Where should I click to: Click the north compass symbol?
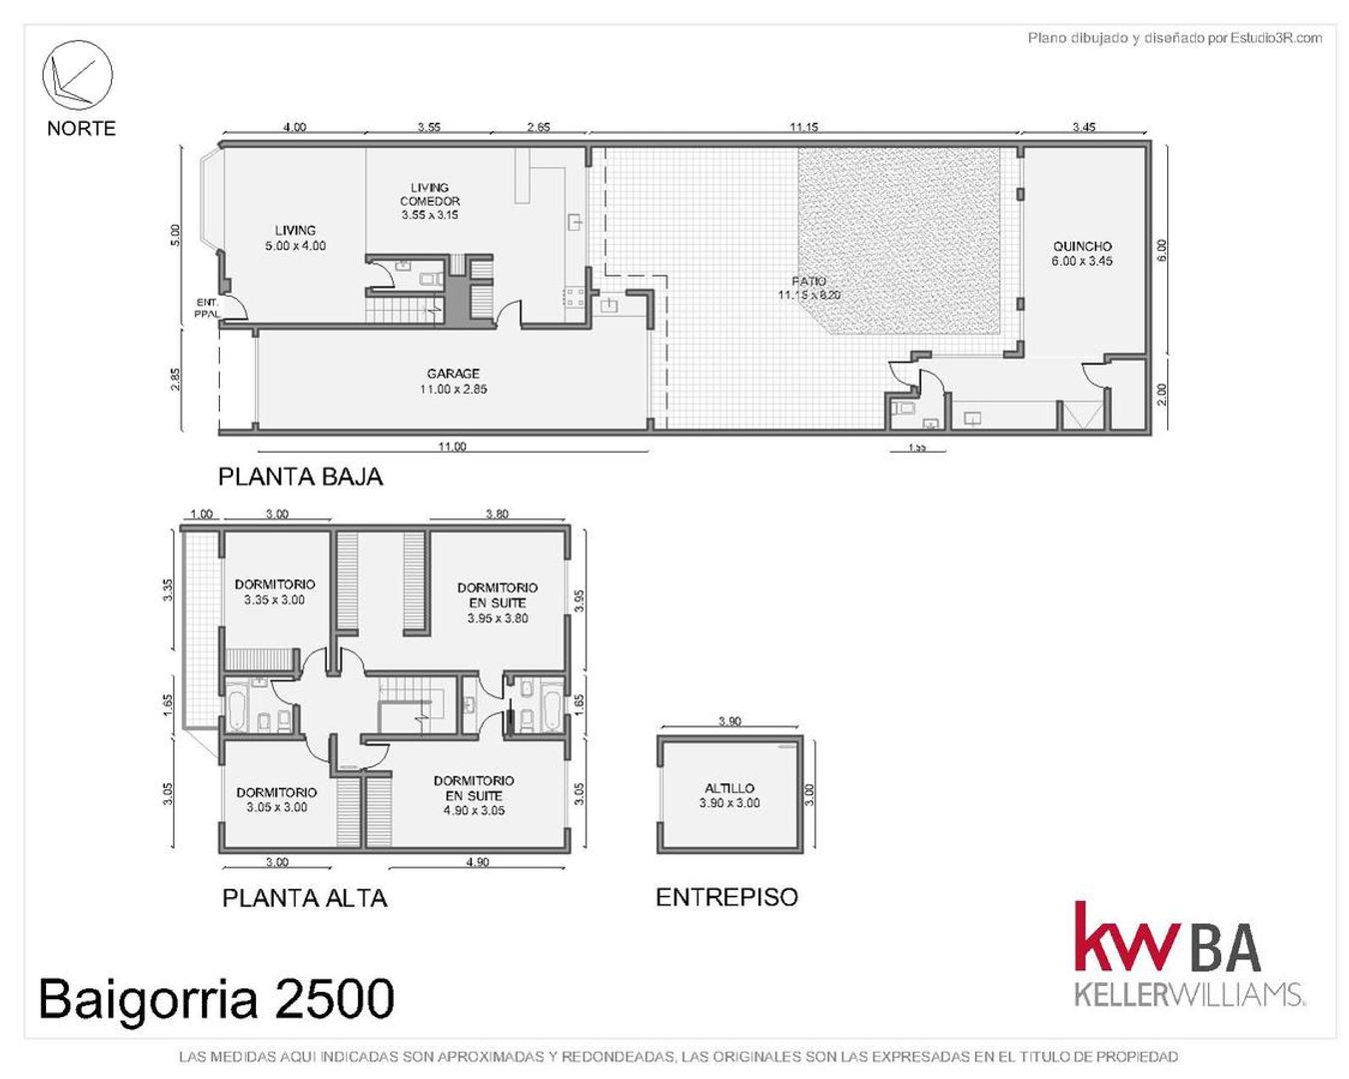77,77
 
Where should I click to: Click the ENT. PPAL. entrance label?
208,308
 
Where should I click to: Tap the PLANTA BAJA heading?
301,477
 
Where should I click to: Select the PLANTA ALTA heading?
305,898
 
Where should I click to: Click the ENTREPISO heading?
726,897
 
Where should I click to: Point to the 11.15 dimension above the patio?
803,127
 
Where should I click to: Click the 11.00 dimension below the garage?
452,447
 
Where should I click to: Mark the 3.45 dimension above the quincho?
1084,127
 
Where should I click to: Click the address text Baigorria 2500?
217,998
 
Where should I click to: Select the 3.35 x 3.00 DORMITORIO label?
275,592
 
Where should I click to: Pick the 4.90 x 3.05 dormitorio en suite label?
475,795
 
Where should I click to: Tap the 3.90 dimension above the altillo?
729,721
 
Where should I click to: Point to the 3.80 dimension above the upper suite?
497,514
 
